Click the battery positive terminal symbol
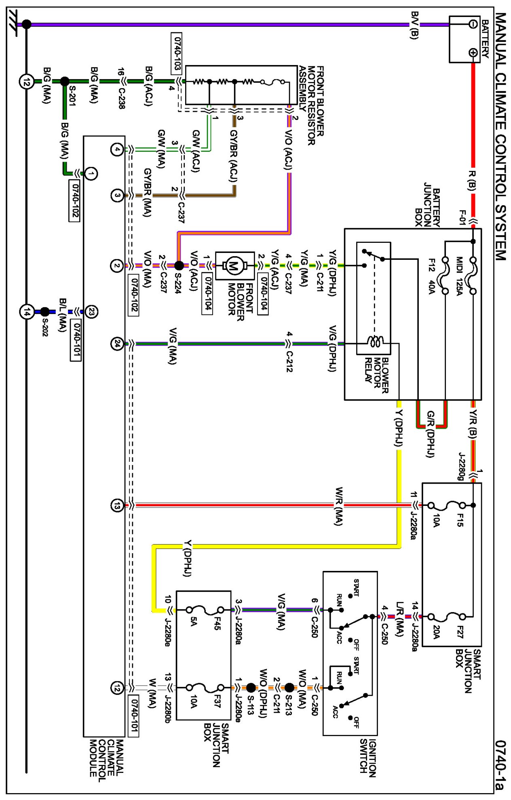pyautogui.click(x=473, y=52)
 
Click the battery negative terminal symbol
pyautogui.click(x=473, y=24)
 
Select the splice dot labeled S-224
pyautogui.click(x=179, y=265)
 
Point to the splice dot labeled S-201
pyautogui.click(x=64, y=81)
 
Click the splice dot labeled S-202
pyautogui.click(x=45, y=312)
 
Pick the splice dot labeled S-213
pyautogui.click(x=289, y=687)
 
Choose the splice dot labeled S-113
pyautogui.click(x=251, y=687)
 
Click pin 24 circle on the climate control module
pyautogui.click(x=117, y=344)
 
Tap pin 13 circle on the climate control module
pyautogui.click(x=117, y=505)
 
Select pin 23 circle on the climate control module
pyautogui.click(x=91, y=312)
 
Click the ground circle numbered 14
pyautogui.click(x=27, y=312)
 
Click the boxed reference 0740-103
pyautogui.click(x=177, y=54)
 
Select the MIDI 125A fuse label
pyautogui.click(x=459, y=276)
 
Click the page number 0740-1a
pyautogui.click(x=500, y=764)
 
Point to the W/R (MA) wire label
pyautogui.click(x=339, y=506)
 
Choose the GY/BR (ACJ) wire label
pyautogui.click(x=234, y=156)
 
